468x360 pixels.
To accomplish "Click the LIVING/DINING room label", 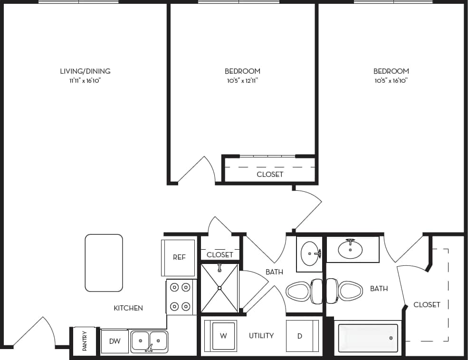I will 85,71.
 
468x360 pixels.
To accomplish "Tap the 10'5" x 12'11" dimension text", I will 242,81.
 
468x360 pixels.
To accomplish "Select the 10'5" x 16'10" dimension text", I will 391,81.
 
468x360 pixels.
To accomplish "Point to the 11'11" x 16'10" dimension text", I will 85,81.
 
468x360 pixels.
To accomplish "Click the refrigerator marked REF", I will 179,257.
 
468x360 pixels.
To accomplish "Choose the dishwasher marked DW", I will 115,341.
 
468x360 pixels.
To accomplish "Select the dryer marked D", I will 301,336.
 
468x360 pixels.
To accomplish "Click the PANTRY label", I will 85,341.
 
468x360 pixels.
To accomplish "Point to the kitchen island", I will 104,263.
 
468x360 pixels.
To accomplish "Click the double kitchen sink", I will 149,341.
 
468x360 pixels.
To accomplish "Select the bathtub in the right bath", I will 368,338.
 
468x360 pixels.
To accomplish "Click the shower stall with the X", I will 220,288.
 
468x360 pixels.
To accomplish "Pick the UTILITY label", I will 261,336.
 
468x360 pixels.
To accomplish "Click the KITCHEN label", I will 128,308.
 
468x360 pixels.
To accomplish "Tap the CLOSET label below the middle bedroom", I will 270,175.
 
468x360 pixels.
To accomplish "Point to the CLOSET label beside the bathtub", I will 427,304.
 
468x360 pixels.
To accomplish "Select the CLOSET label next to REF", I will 220,255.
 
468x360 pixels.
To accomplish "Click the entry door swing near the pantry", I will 36,333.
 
